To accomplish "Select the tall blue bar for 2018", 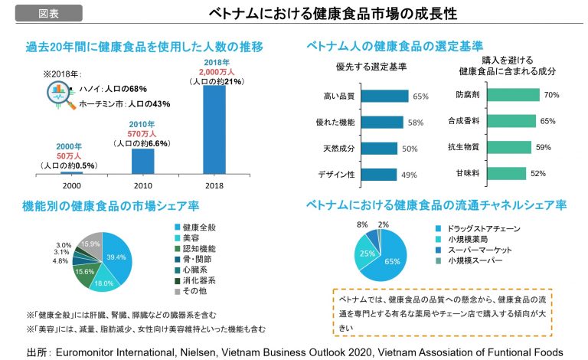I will [x=214, y=130].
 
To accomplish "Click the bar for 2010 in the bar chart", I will [x=142, y=162].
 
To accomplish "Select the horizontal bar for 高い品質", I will [x=385, y=97].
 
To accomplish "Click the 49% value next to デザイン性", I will [x=409, y=175].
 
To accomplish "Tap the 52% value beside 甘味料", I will [x=537, y=173].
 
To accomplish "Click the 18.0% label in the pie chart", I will [x=102, y=283].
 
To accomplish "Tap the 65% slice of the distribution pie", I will [x=390, y=260].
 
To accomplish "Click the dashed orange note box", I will [x=443, y=311].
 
